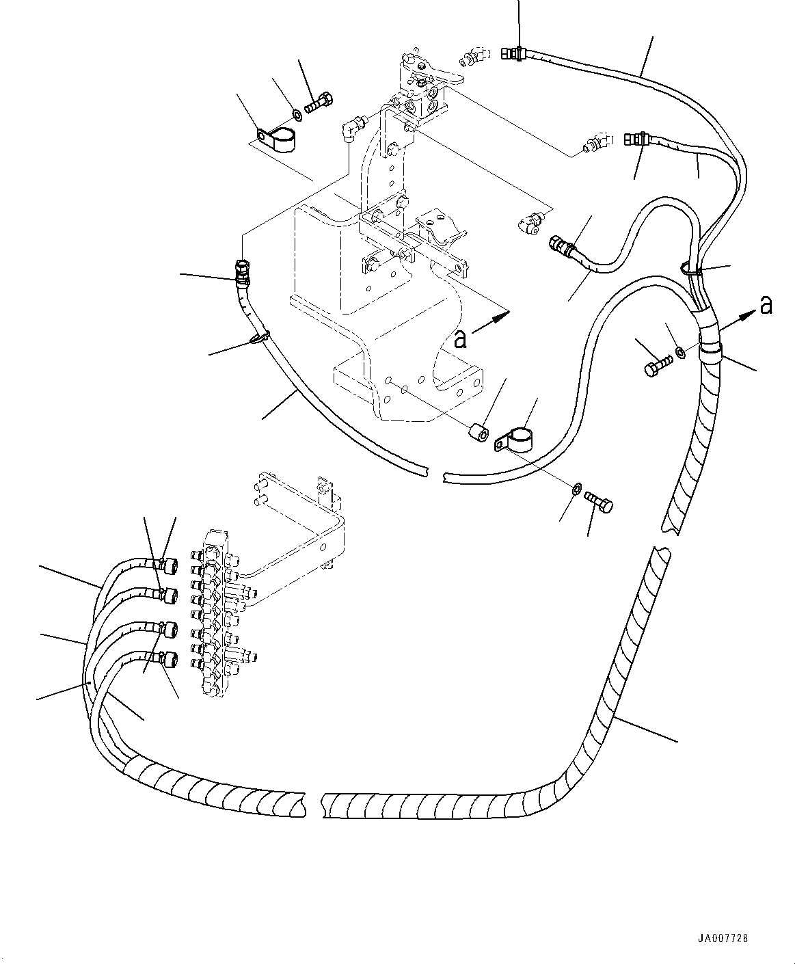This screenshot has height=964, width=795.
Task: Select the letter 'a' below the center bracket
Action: click(460, 339)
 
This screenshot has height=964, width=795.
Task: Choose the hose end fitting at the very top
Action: click(513, 53)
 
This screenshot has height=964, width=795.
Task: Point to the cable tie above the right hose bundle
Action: click(691, 269)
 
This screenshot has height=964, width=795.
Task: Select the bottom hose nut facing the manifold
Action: click(168, 659)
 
